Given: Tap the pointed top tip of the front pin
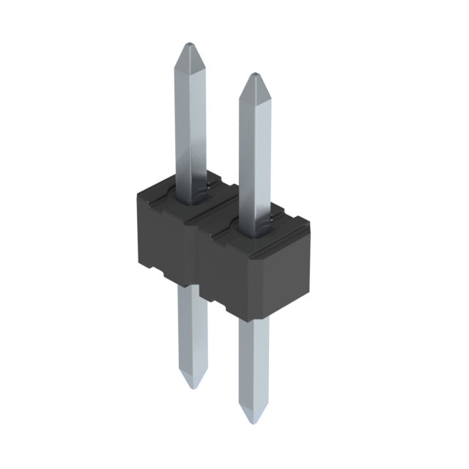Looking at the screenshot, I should point(252,76).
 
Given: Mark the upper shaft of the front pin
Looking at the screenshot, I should point(253,147).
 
